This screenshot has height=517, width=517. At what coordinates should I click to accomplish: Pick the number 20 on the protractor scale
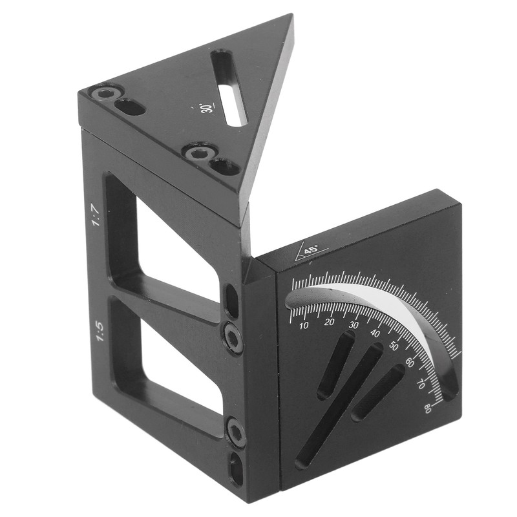pos(330,322)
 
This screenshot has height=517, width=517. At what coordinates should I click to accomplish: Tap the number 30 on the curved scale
pos(353,325)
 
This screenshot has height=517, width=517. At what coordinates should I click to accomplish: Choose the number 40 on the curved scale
pos(375,333)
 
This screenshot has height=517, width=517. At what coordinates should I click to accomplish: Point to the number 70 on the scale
pos(421,383)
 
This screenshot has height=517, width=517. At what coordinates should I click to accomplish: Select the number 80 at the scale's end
pos(427,406)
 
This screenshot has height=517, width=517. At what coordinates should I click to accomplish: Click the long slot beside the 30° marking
pos(229,87)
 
